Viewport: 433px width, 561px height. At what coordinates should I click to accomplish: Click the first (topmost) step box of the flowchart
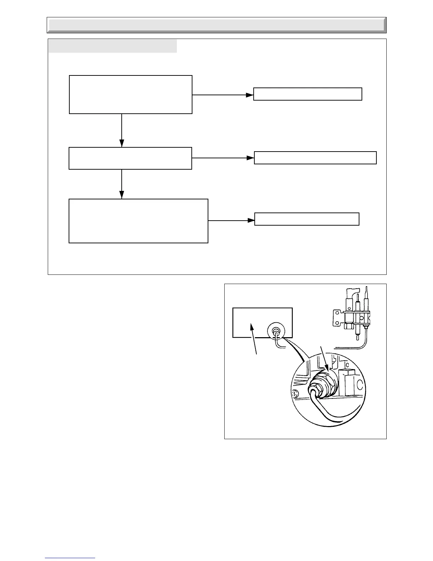[x=131, y=94]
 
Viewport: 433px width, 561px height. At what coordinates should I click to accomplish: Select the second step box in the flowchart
[x=130, y=158]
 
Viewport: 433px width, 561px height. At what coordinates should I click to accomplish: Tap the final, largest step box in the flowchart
[x=138, y=221]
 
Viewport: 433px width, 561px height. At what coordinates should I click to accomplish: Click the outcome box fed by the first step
[x=308, y=94]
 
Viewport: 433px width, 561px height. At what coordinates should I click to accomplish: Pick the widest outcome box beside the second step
[x=315, y=158]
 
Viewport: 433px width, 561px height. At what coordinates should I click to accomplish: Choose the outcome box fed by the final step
[x=307, y=219]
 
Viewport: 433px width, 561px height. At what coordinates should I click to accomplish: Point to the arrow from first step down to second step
[x=122, y=130]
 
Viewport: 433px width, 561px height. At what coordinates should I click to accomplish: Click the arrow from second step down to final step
[x=122, y=184]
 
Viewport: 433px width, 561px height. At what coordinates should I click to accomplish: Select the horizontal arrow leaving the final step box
[x=231, y=220]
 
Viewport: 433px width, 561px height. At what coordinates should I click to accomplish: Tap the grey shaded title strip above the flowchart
[x=112, y=46]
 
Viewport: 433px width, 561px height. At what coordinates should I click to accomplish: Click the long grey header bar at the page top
[x=216, y=25]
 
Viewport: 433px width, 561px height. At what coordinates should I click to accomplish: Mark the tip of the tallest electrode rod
[x=366, y=288]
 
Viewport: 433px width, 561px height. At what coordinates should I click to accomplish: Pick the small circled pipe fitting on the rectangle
[x=276, y=331]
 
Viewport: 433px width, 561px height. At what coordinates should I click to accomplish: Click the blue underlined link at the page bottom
[x=70, y=558]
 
